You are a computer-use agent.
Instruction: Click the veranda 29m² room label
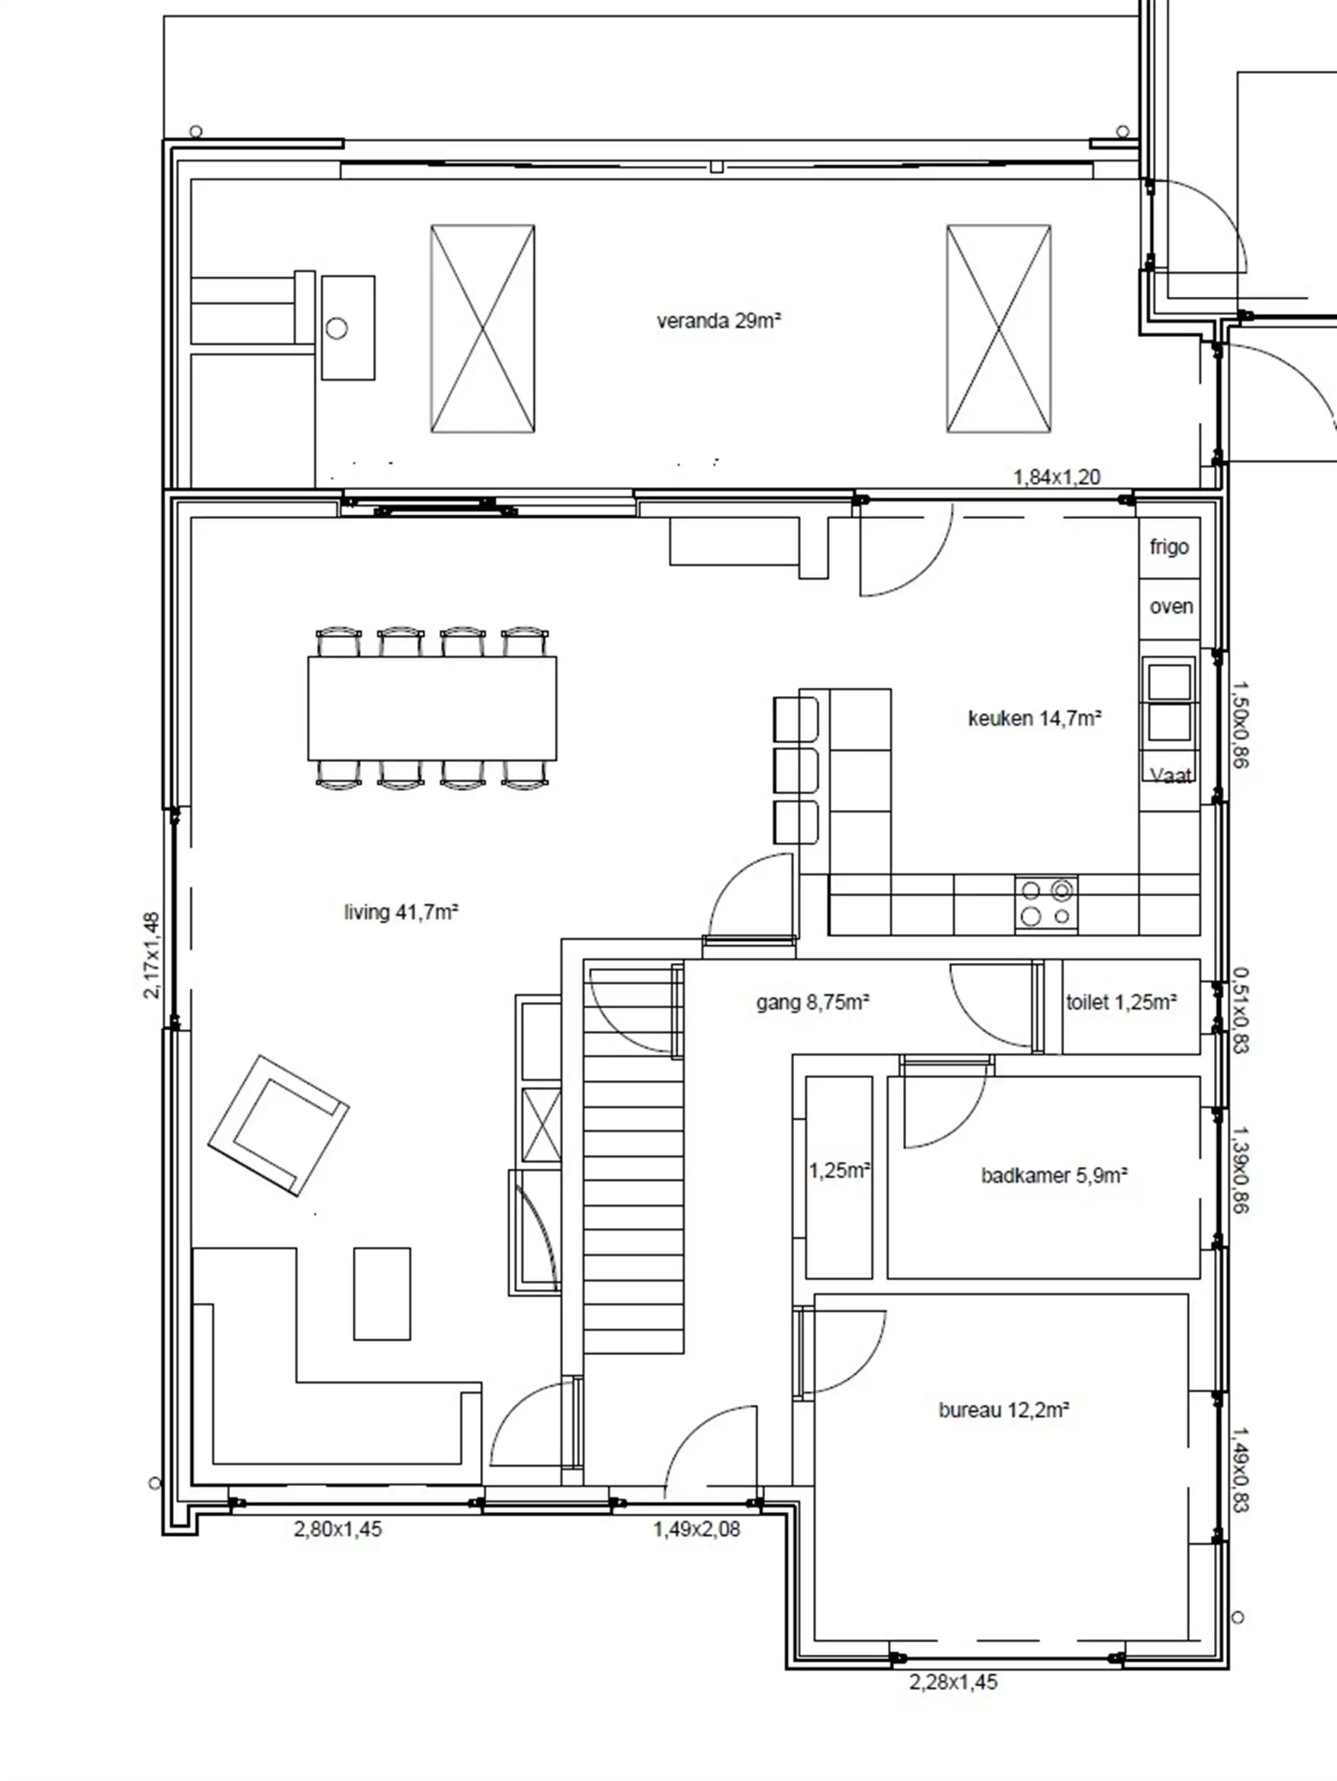(719, 321)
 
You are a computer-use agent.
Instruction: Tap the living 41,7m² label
(401, 912)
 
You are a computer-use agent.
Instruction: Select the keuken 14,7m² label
(1034, 718)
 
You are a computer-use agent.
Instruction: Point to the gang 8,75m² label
(813, 1003)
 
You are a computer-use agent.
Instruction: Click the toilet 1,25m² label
(1121, 1003)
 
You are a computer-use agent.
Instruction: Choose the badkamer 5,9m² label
(1054, 1176)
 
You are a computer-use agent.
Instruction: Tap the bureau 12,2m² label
(1004, 1410)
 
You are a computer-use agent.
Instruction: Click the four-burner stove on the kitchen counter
(1046, 904)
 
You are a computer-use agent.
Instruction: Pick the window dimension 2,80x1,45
(338, 1529)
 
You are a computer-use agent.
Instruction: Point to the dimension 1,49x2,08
(697, 1529)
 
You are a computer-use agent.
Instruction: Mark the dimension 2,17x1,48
(151, 956)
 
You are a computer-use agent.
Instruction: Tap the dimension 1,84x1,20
(1057, 478)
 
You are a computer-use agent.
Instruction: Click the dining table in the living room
(433, 708)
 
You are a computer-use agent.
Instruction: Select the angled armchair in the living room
(279, 1126)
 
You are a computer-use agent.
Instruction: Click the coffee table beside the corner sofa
(382, 1294)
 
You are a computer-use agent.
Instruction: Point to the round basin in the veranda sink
(336, 328)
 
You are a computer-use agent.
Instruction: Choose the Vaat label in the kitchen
(1171, 775)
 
